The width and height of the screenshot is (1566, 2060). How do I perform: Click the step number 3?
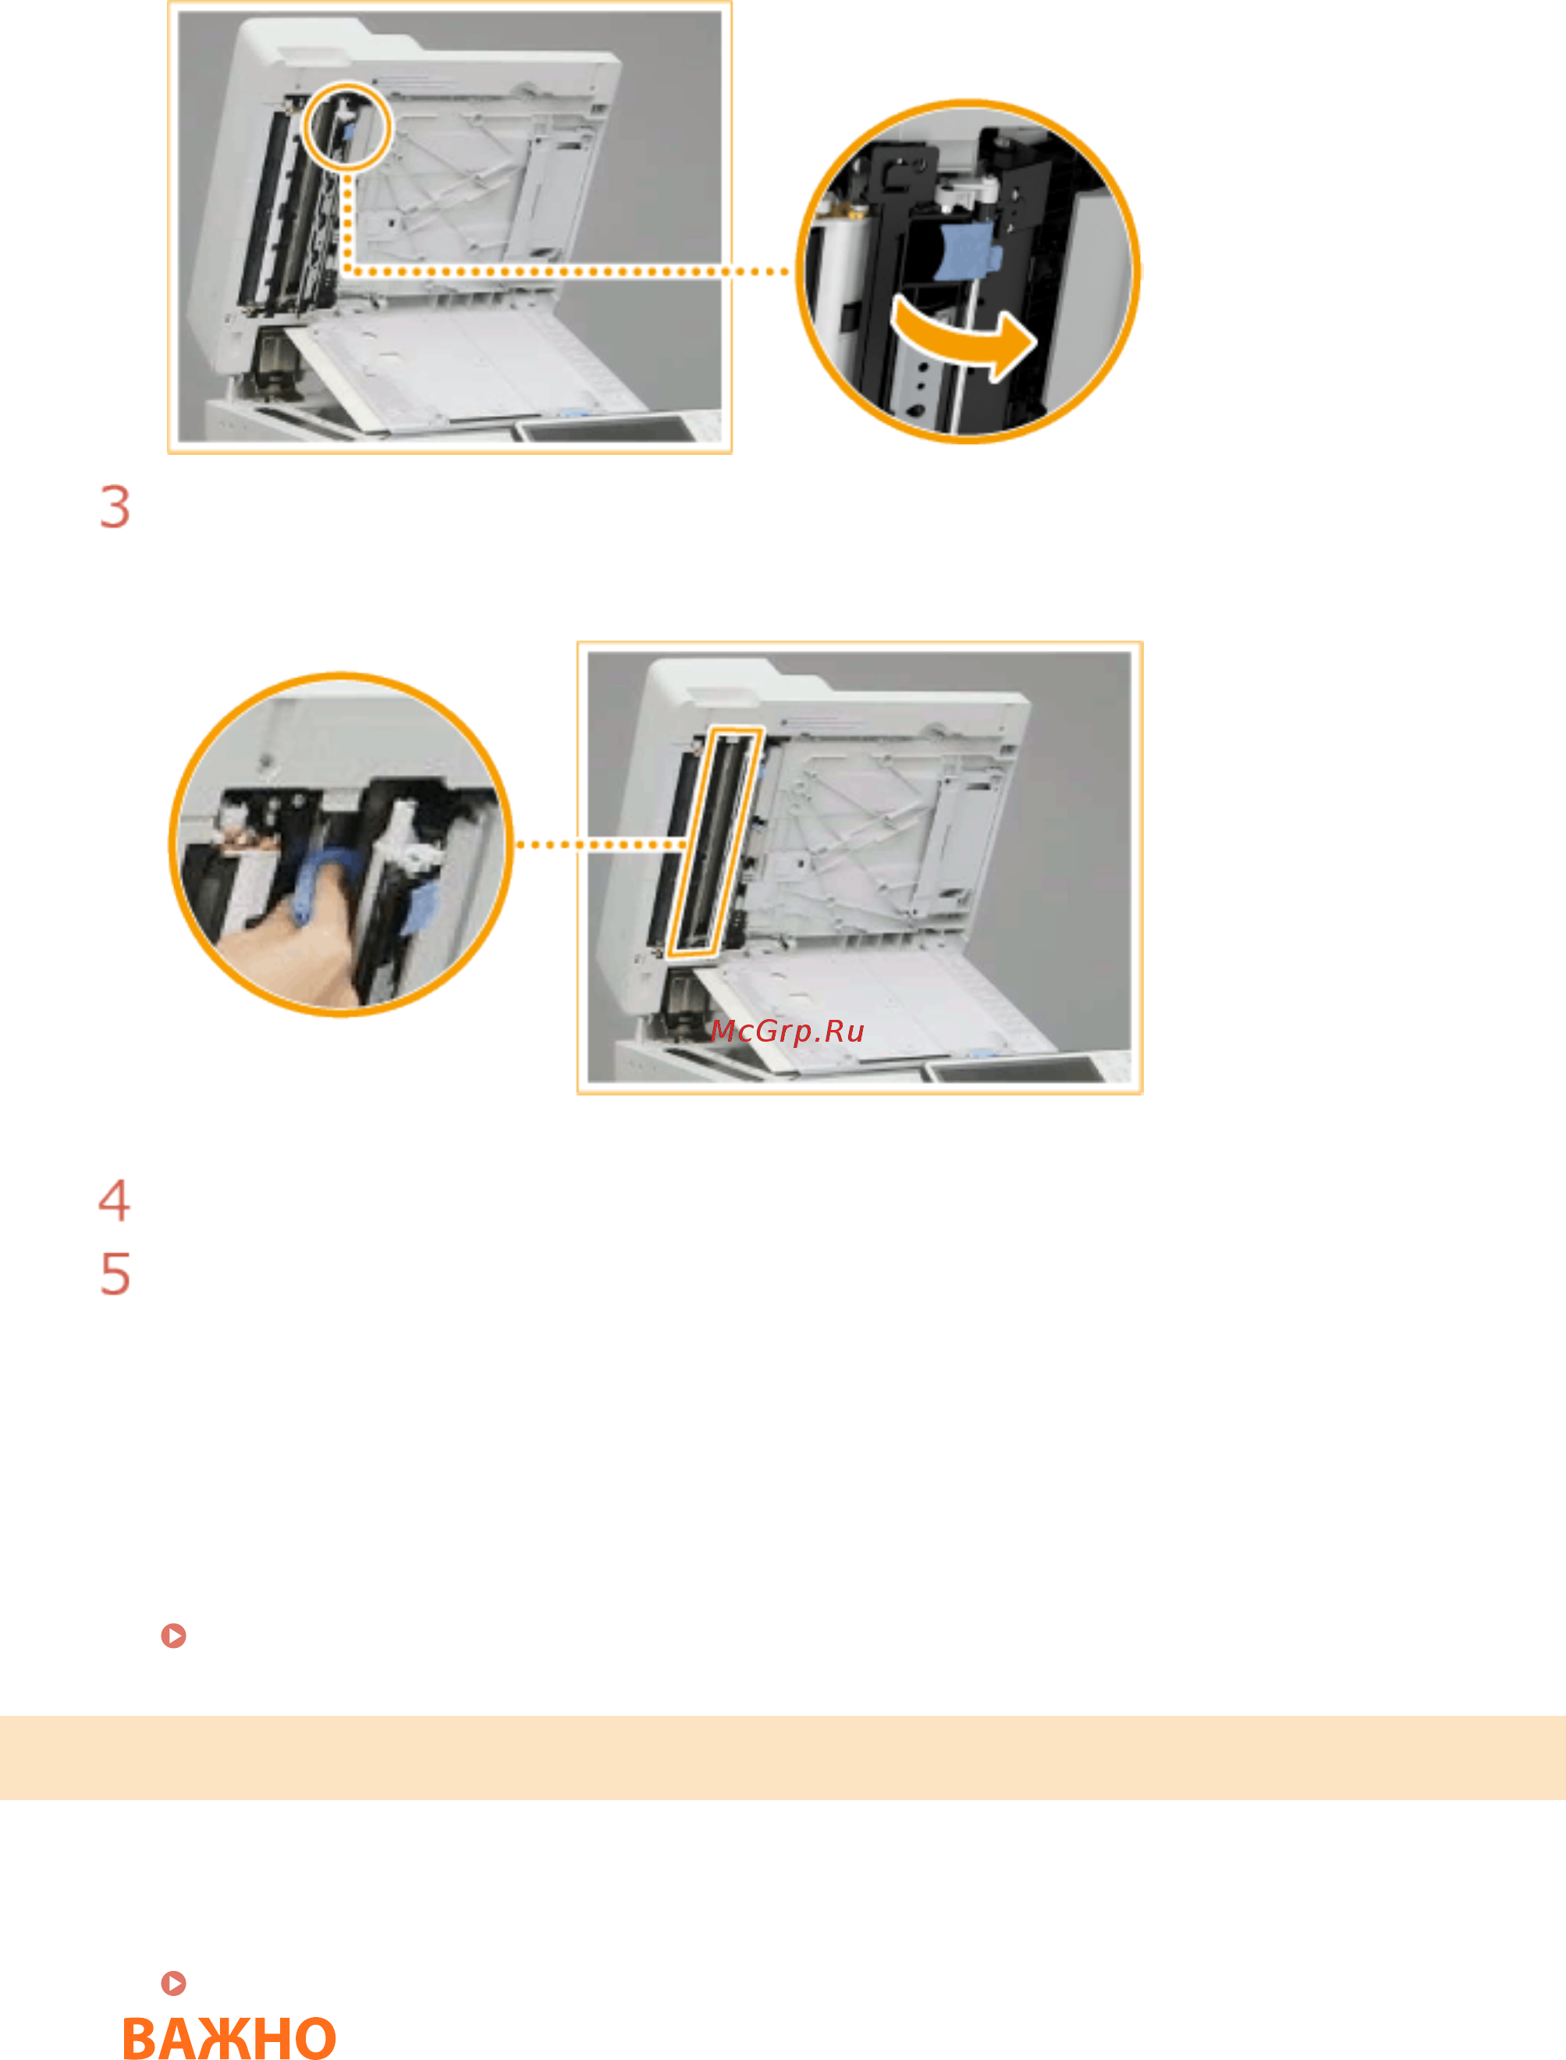click(x=115, y=507)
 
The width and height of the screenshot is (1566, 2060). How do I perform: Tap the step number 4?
click(x=114, y=1199)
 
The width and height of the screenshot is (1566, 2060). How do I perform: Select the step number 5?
click(x=115, y=1274)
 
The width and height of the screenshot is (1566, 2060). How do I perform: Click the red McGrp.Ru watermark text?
click(x=787, y=1031)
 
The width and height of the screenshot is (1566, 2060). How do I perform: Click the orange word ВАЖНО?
click(x=229, y=2037)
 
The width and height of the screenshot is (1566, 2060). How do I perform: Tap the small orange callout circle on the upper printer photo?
click(x=346, y=126)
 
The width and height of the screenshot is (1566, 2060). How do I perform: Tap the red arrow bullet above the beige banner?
click(x=173, y=1636)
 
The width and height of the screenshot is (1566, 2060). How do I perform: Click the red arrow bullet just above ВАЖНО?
click(x=173, y=1984)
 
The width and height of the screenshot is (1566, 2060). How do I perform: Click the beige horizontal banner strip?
click(x=783, y=1758)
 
